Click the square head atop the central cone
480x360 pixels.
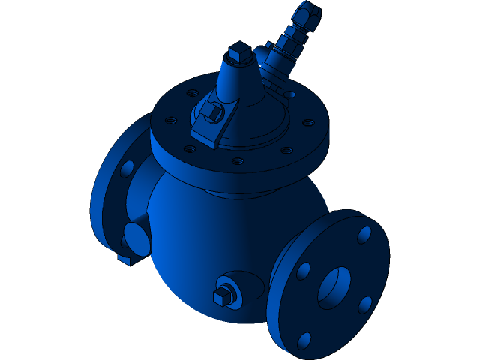pyautogui.click(x=238, y=52)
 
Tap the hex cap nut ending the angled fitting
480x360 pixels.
pyautogui.click(x=310, y=13)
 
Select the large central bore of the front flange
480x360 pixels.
pyautogui.click(x=334, y=287)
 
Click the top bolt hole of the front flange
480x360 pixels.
pyautogui.click(x=364, y=235)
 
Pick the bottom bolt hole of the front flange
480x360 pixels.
pyautogui.click(x=304, y=340)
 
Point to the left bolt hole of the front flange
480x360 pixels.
pyautogui.click(x=303, y=271)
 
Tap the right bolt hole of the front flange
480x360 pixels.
pyautogui.click(x=365, y=304)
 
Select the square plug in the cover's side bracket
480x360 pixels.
pyautogui.click(x=211, y=112)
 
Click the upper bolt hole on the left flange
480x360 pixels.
pyautogui.click(x=127, y=169)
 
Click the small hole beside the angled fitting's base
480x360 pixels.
pyautogui.click(x=288, y=94)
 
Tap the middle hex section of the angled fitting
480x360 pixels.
pyautogui.click(x=289, y=44)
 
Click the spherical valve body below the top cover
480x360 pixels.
pyautogui.click(x=217, y=232)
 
